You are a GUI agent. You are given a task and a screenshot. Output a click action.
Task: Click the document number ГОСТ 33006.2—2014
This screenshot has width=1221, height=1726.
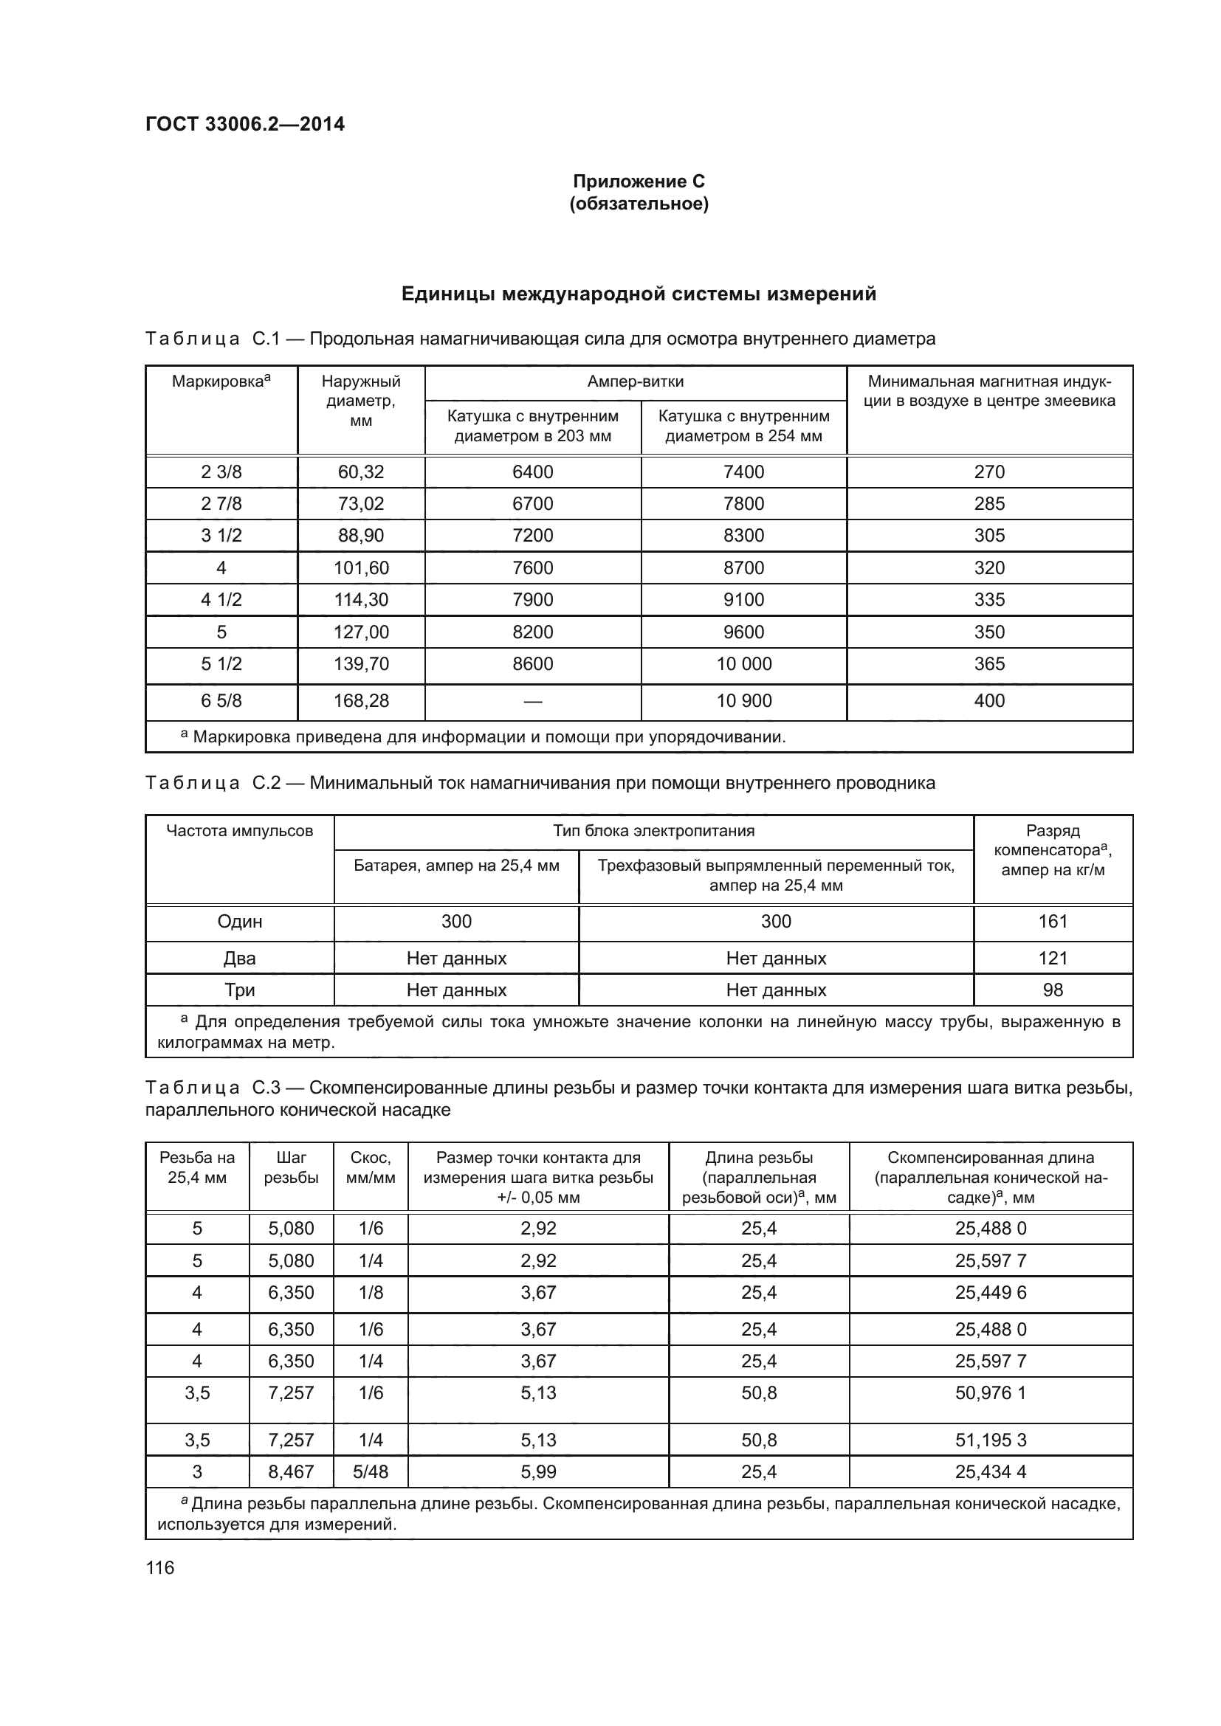click(244, 124)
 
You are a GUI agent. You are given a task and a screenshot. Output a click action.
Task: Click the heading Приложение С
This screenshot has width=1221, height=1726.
click(639, 182)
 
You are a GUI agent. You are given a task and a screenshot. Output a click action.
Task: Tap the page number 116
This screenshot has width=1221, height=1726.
click(159, 1567)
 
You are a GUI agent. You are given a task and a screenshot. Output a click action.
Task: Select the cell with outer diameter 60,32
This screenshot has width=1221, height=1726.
click(361, 472)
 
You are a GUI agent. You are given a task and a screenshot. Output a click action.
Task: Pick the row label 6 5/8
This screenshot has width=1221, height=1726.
click(221, 700)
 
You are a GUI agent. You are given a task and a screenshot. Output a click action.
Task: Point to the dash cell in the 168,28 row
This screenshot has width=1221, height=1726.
click(532, 700)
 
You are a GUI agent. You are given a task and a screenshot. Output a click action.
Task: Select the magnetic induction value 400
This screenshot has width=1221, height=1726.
click(988, 700)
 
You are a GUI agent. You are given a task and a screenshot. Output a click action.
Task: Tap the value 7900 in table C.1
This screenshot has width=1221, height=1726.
click(532, 600)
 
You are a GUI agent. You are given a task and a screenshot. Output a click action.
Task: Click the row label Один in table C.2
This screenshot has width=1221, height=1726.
click(239, 922)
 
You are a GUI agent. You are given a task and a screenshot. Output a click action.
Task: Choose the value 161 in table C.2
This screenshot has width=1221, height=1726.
click(1053, 922)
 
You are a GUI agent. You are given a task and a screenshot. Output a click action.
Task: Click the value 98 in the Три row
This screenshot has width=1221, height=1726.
click(1053, 990)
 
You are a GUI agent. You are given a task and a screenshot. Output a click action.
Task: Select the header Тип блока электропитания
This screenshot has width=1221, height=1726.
click(653, 831)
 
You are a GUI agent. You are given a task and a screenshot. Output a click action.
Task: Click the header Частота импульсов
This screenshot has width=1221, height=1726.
click(239, 831)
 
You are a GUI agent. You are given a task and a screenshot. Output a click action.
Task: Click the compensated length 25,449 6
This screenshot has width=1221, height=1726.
click(990, 1293)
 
